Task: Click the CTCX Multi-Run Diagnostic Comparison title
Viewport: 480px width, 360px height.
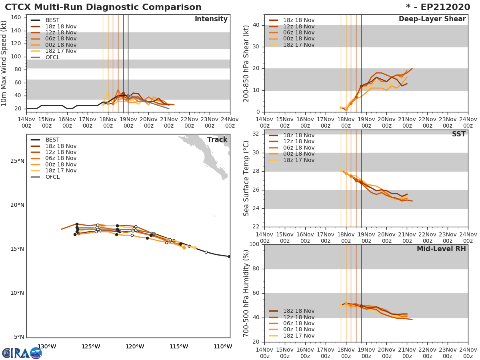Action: [x=103, y=7]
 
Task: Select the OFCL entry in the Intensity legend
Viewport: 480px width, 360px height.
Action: [x=52, y=57]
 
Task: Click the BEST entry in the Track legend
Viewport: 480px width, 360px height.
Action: [x=52, y=140]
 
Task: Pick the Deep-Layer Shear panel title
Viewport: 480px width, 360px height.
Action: [x=432, y=19]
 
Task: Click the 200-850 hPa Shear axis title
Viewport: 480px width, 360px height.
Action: [x=247, y=64]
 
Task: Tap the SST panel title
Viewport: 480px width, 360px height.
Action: [x=458, y=134]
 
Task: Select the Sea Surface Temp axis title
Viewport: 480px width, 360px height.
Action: [x=247, y=178]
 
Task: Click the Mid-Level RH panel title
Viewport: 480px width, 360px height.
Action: [x=441, y=249]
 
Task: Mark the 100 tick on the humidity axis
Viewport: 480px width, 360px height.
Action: [x=256, y=244]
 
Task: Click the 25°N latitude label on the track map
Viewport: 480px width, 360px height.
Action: [x=17, y=161]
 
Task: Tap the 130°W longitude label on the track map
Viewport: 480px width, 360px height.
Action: [x=47, y=346]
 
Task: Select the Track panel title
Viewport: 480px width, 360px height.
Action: [x=217, y=140]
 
